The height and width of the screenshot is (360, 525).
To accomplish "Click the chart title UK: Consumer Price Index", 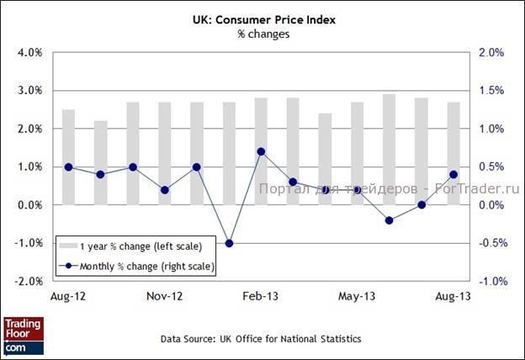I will tap(262, 19).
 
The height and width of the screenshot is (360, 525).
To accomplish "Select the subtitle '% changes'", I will tap(262, 34).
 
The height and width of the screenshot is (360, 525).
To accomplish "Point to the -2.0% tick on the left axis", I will tap(27, 282).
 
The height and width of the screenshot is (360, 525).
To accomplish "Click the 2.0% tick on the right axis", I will tap(491, 52).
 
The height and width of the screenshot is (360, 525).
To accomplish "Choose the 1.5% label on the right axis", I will tap(491, 91).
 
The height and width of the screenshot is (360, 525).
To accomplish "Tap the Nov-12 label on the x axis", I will tap(165, 297).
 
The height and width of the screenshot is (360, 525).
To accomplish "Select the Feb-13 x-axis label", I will tap(261, 297).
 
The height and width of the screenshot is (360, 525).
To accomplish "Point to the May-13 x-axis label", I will tap(357, 297).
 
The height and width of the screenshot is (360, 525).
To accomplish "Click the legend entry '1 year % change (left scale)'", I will tap(135, 246).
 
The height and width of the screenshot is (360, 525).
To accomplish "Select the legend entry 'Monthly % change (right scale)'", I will tap(135, 267).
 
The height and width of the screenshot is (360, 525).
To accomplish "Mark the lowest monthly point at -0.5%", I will tap(229, 244).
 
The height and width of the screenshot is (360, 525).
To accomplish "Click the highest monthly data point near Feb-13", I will tap(261, 151).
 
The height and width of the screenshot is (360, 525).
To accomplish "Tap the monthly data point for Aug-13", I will tap(453, 175).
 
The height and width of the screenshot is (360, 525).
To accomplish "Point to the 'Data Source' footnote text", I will tap(262, 339).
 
